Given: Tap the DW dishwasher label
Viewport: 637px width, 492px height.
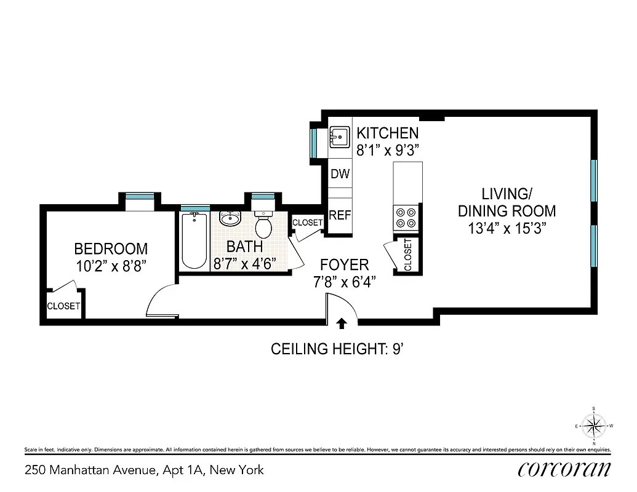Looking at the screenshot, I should pos(340,174).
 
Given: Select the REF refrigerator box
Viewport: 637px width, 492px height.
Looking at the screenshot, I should pos(340,215).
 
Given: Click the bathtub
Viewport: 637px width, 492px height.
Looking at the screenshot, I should pos(194,240).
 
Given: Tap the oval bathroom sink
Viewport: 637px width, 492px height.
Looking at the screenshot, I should pos(230,218).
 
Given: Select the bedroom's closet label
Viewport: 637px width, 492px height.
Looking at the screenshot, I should pos(63,306).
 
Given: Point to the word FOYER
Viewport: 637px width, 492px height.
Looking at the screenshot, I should pos(344,265).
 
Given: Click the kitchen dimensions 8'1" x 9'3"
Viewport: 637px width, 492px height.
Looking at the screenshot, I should pos(388,150).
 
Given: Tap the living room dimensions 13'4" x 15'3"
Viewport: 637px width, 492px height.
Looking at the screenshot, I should pos(507,228).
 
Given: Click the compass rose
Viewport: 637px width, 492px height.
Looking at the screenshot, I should pos(593,425).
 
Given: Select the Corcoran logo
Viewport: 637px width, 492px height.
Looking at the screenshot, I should pos(564,469).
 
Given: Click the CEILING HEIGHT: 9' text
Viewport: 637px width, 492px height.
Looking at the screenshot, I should pos(337,349).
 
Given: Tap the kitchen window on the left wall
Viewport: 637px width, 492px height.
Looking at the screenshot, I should pos(314,142).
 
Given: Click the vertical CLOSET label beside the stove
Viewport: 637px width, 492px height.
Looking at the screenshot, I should pos(408,254).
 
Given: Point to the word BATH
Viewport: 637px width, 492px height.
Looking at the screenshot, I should pos(244,247).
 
